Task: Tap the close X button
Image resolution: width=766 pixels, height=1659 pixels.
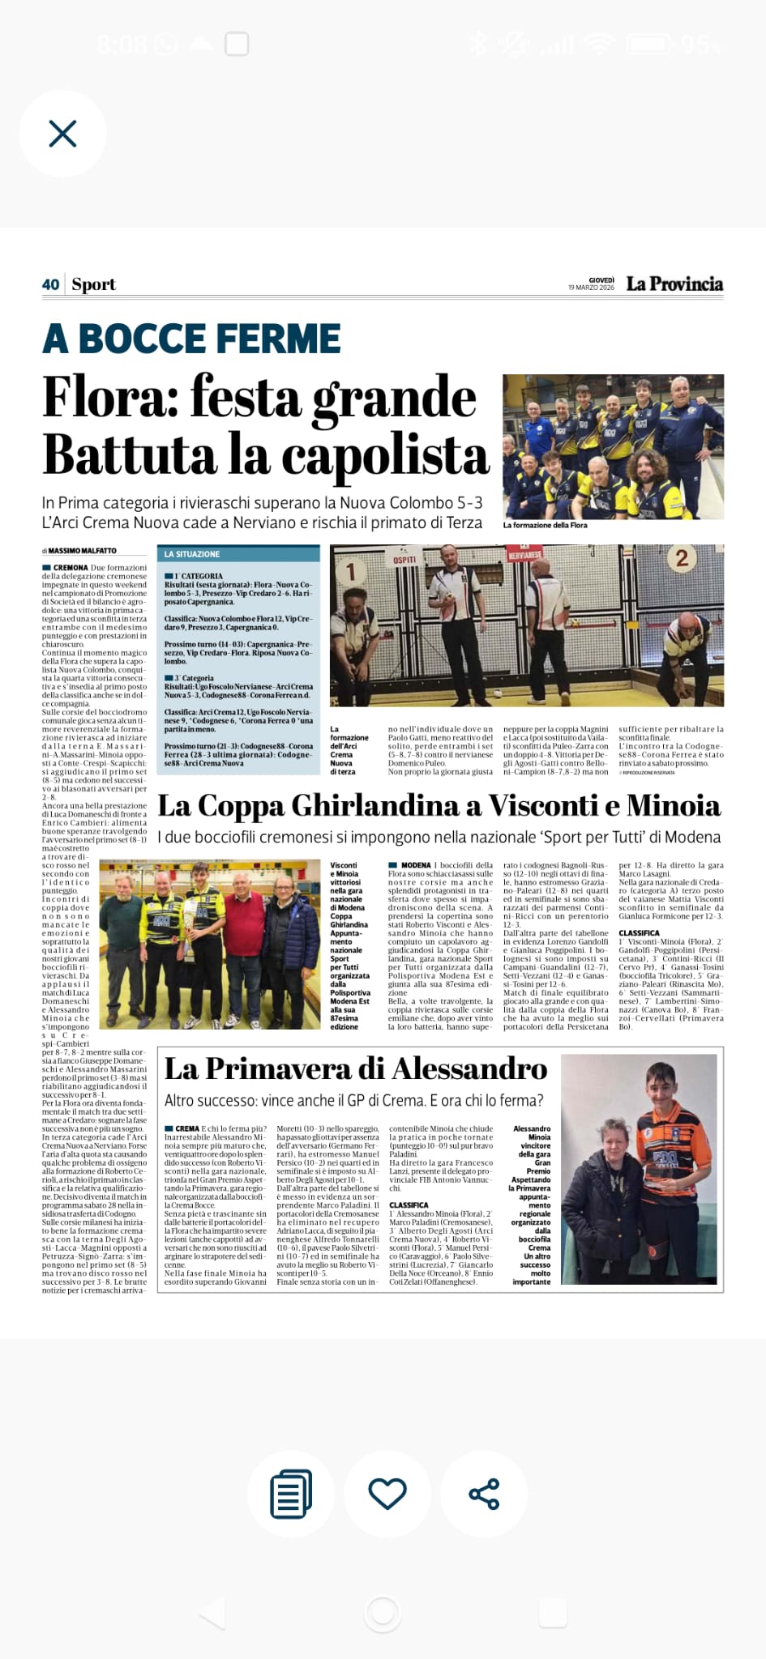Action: pyautogui.click(x=62, y=134)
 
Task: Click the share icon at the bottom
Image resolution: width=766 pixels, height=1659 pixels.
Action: pyautogui.click(x=484, y=1494)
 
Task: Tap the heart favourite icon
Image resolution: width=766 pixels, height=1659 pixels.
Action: pyautogui.click(x=387, y=1493)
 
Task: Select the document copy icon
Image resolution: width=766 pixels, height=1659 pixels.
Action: pyautogui.click(x=291, y=1493)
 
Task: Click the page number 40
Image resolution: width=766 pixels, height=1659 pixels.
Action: pyautogui.click(x=50, y=284)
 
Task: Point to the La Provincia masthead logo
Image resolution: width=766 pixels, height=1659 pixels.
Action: pyautogui.click(x=674, y=284)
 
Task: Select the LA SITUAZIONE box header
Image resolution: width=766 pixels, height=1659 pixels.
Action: pyautogui.click(x=192, y=554)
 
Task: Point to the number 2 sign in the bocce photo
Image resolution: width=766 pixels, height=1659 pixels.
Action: pyautogui.click(x=682, y=557)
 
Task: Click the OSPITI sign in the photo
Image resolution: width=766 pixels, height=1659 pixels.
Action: pyautogui.click(x=404, y=560)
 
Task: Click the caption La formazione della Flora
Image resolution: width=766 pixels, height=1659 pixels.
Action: pyautogui.click(x=546, y=525)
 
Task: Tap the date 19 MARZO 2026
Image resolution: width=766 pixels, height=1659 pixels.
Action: pyautogui.click(x=591, y=288)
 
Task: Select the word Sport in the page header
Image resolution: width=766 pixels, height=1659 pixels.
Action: pyautogui.click(x=94, y=284)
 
